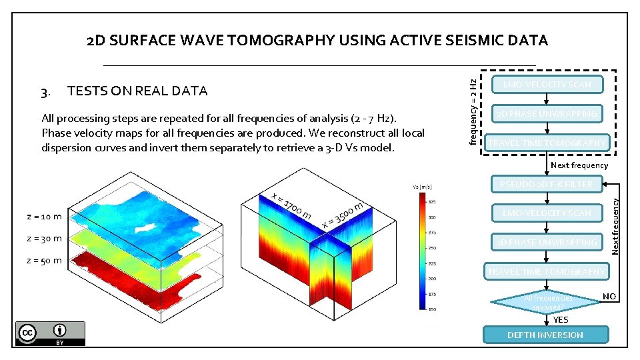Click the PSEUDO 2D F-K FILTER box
pyautogui.click(x=546, y=183)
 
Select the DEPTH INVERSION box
pyautogui.click(x=545, y=335)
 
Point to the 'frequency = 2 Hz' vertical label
pyautogui.click(x=473, y=111)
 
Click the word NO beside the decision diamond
pyautogui.click(x=609, y=296)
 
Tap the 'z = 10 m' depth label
pyautogui.click(x=44, y=216)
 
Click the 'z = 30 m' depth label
pyautogui.click(x=44, y=238)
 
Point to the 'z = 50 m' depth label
pyautogui.click(x=44, y=261)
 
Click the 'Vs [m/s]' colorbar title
pyautogui.click(x=423, y=187)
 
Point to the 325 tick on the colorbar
pyautogui.click(x=433, y=201)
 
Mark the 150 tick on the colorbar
pyautogui.click(x=433, y=309)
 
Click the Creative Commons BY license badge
pyautogui.click(x=50, y=333)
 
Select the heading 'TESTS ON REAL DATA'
pyautogui.click(x=137, y=91)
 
